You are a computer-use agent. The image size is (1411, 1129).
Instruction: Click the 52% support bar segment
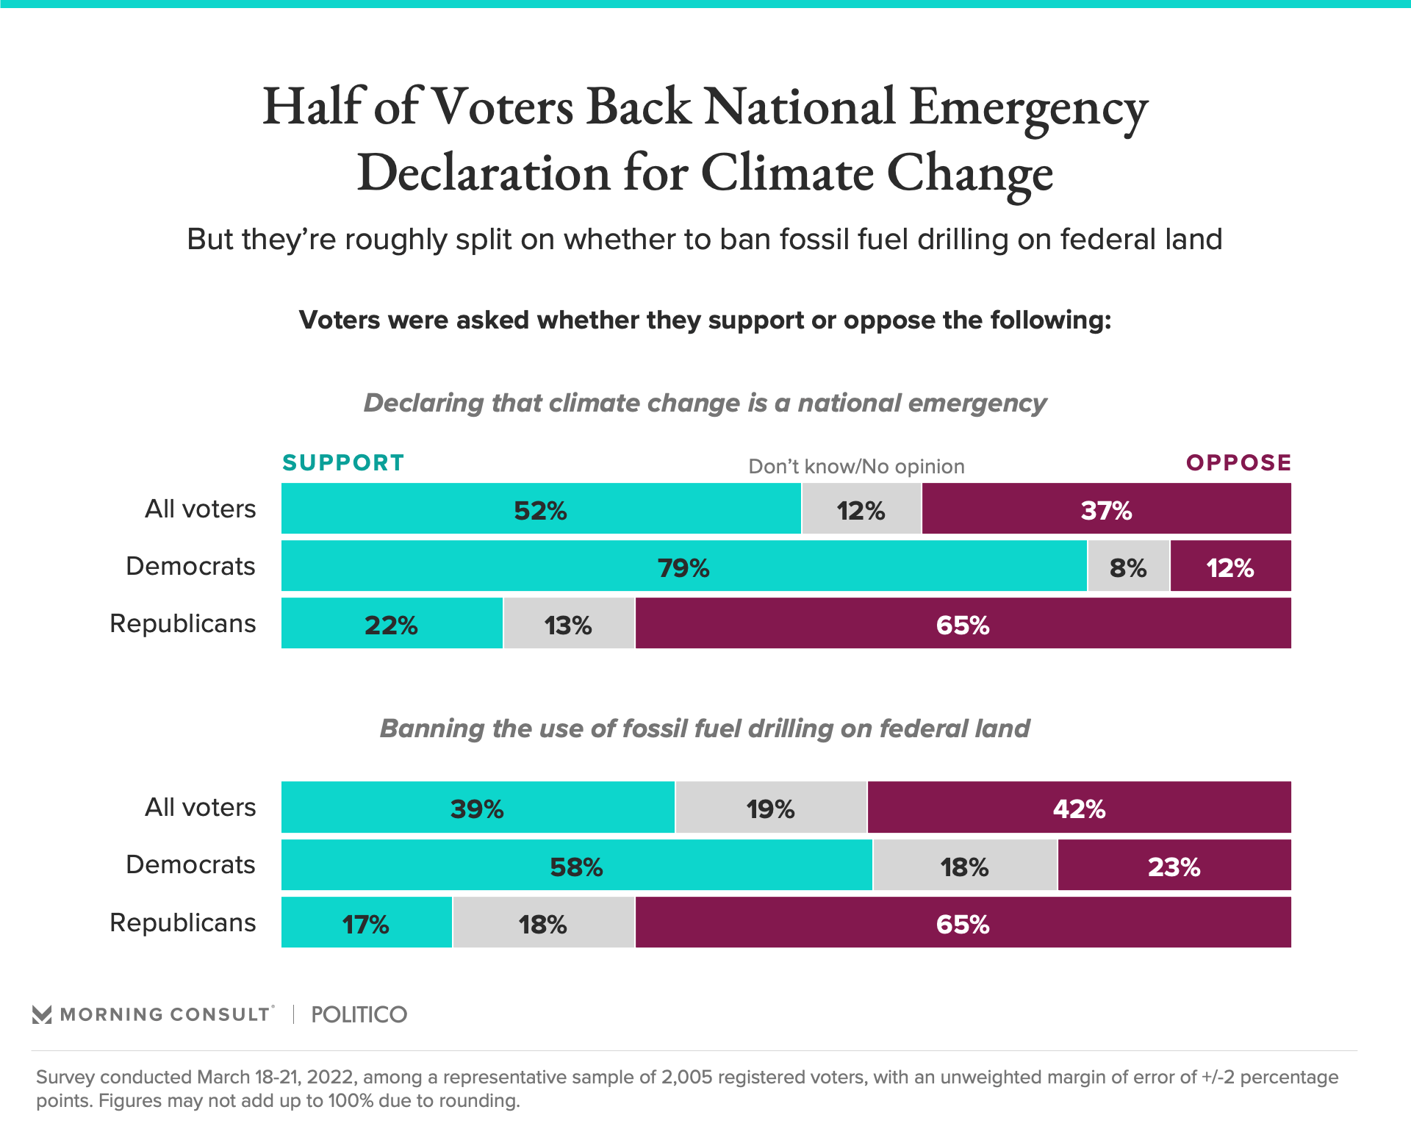click(541, 509)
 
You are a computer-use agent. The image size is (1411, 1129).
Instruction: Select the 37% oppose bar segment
click(1106, 509)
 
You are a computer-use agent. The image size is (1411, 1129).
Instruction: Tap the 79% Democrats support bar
click(683, 566)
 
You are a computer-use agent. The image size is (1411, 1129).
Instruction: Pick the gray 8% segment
click(1128, 566)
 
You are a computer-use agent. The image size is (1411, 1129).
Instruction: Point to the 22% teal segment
click(392, 623)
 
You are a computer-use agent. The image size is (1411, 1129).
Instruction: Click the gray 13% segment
click(569, 623)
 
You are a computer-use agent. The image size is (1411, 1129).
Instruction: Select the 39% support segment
click(478, 807)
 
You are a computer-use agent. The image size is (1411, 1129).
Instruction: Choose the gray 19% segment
click(771, 807)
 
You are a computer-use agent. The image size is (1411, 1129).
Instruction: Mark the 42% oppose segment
click(1079, 807)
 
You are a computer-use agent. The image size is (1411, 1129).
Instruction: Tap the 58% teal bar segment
click(577, 865)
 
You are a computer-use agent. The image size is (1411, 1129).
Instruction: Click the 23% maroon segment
click(1174, 865)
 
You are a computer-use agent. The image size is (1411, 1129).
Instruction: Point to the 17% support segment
click(366, 922)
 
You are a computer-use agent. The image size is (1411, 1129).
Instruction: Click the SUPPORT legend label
click(343, 462)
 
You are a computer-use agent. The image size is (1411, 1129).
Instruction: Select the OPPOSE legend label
click(1238, 462)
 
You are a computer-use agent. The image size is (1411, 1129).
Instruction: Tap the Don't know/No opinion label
click(856, 466)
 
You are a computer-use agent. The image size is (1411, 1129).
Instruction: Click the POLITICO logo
click(359, 1014)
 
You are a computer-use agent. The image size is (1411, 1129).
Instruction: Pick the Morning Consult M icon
click(42, 1014)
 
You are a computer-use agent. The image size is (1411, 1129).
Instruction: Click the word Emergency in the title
click(1028, 108)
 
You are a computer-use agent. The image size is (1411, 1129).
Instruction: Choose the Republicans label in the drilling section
click(183, 922)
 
